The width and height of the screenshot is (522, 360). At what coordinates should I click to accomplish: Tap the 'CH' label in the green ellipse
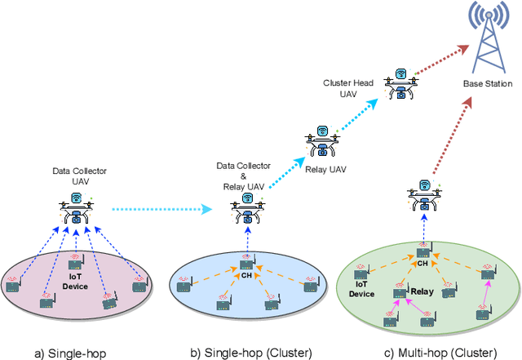pyautogui.click(x=422, y=264)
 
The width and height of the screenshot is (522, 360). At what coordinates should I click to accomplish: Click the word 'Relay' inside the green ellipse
pyautogui.click(x=422, y=290)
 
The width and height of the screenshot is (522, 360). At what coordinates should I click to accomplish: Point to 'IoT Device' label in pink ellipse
pyautogui.click(x=75, y=282)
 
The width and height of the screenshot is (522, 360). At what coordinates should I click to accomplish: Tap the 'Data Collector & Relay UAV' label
pyautogui.click(x=241, y=175)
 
